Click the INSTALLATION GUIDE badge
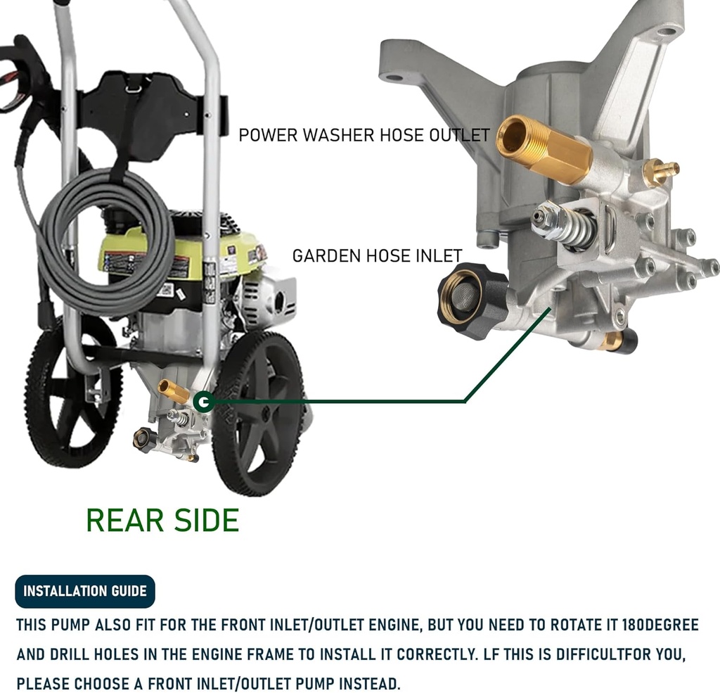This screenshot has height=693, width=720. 85,591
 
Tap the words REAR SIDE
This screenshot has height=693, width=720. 162,520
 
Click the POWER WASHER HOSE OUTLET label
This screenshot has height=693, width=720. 364,135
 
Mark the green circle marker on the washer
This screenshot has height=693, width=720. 204,402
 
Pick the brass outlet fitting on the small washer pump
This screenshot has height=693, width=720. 173,390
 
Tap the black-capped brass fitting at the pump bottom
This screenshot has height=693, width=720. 619,342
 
